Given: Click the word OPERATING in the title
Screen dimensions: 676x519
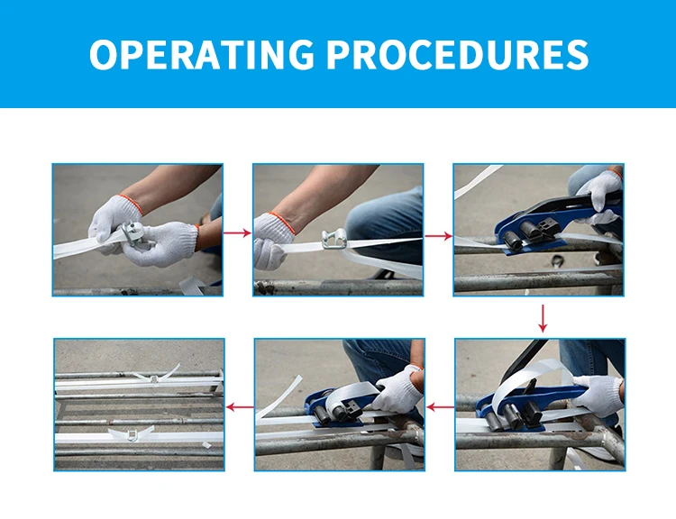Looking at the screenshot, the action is coord(202,54).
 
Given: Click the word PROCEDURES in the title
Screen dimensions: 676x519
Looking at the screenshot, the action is coord(457,54).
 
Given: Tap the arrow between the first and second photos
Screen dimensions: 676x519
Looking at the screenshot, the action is coord(237,233).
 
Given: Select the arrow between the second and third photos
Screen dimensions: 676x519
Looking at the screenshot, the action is coord(438,236).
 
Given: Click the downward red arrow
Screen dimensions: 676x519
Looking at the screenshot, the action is coord(543,319).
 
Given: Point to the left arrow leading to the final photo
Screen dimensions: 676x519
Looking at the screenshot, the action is coord(240,407).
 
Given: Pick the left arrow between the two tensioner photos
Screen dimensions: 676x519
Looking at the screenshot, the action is coord(440,406).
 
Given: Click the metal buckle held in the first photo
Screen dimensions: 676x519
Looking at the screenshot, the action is coord(134,233).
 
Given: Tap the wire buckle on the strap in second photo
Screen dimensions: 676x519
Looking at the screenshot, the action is coord(333,240).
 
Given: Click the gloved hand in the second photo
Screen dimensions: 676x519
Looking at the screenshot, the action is coord(271,241).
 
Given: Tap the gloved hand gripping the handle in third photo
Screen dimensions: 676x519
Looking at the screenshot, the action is coord(599,194).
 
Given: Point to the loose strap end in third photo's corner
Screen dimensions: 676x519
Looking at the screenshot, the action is coord(478,180).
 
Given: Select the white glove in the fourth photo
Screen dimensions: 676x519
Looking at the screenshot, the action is coord(597,395).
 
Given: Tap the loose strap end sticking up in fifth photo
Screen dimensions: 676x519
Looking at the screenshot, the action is coord(279,397).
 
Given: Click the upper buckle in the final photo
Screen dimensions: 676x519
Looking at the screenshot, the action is coord(154,379).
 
